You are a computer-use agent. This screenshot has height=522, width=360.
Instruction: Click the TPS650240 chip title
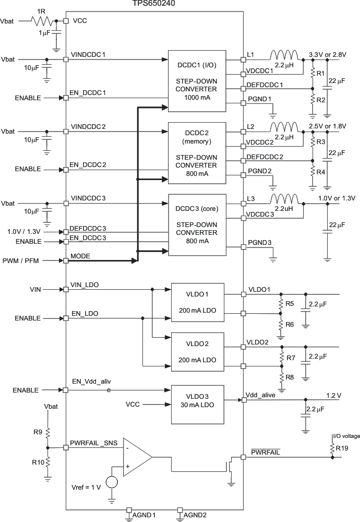click(x=153, y=4)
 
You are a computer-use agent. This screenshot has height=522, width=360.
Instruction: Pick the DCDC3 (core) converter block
click(x=196, y=224)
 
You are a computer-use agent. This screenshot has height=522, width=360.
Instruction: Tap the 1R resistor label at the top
click(x=41, y=11)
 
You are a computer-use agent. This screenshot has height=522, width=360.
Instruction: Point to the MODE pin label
click(x=80, y=257)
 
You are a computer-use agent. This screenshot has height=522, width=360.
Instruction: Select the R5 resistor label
click(x=290, y=303)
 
